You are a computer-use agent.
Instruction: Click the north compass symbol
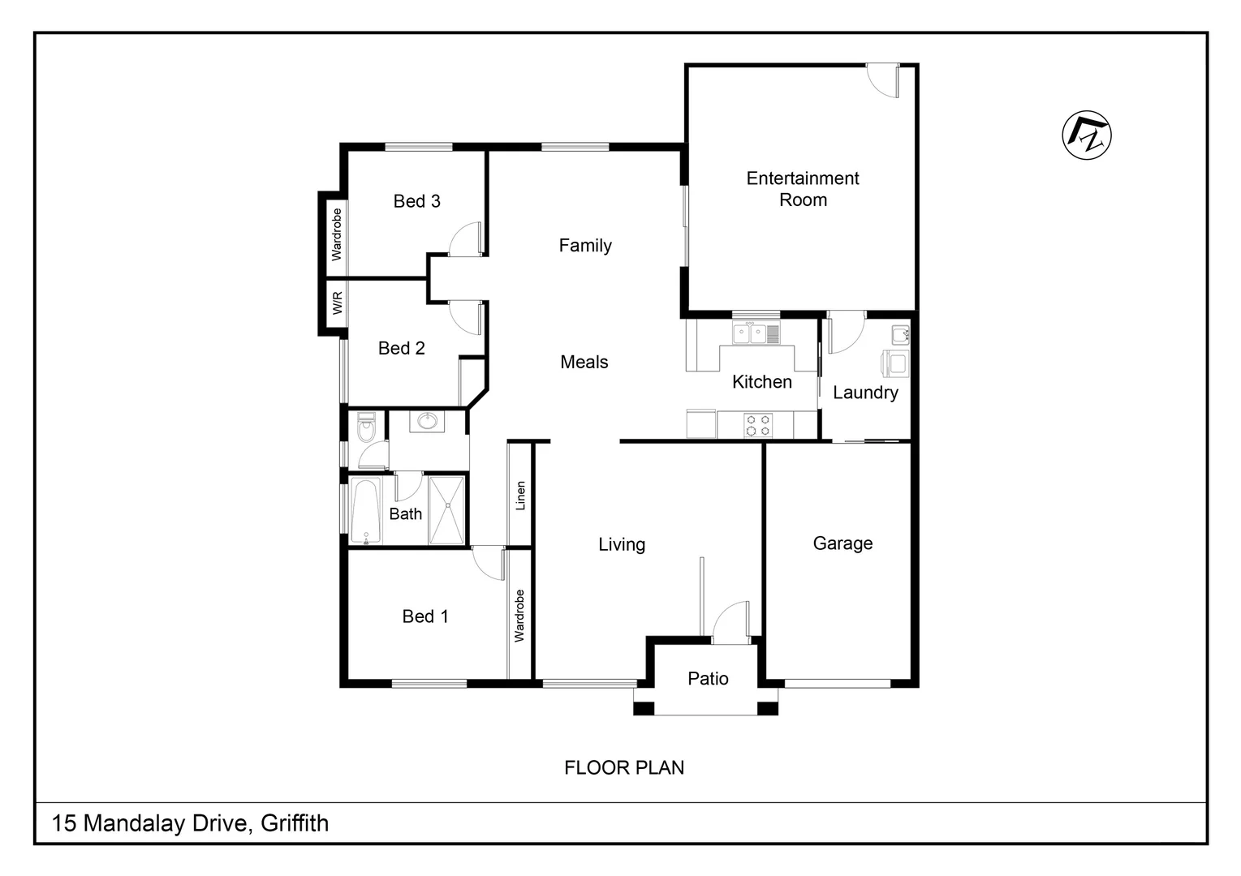(x=1086, y=135)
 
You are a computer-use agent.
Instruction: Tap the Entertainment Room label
(x=802, y=189)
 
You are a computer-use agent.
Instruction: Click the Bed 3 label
(x=416, y=201)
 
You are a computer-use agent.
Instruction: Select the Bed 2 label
(x=401, y=348)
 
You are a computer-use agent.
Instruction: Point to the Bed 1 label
(x=424, y=616)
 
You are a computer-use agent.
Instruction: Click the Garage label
(x=842, y=543)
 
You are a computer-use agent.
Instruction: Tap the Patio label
(x=708, y=678)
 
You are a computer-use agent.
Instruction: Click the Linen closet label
(x=520, y=496)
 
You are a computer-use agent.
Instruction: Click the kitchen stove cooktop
(x=758, y=426)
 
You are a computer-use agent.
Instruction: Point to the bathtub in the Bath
(x=366, y=510)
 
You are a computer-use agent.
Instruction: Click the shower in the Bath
(x=447, y=509)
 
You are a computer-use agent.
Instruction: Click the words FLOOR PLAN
(x=623, y=767)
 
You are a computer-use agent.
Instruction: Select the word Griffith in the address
(x=295, y=823)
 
